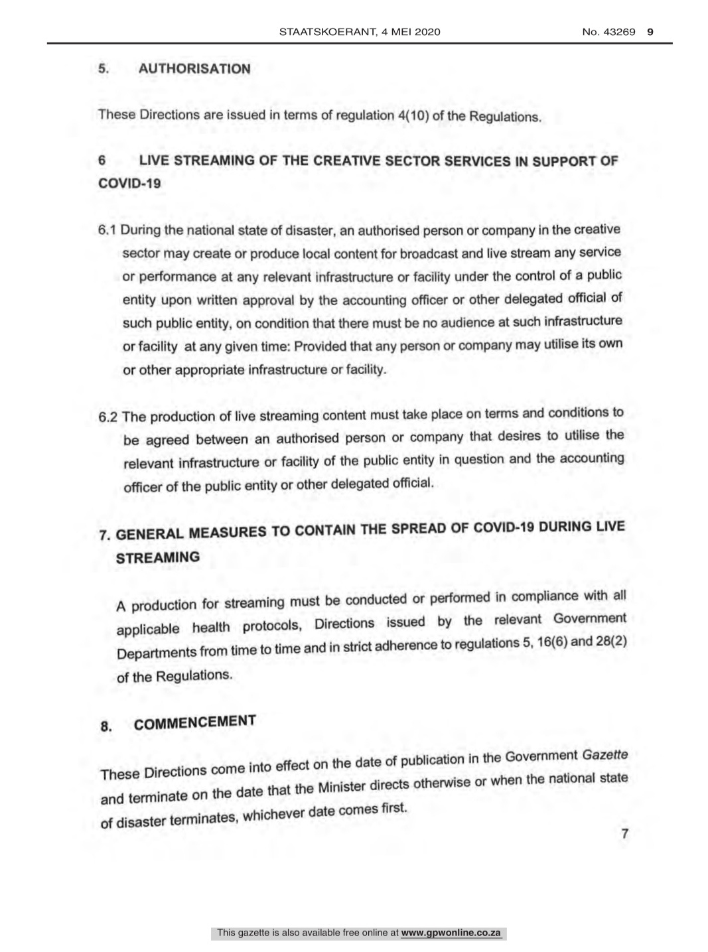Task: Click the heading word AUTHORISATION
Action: coord(194,69)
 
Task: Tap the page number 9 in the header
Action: coord(650,31)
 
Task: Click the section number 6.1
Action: coord(107,230)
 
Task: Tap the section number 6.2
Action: coord(108,417)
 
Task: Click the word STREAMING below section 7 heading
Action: coord(158,558)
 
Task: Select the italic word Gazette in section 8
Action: coord(604,756)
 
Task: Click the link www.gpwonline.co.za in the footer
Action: coord(451,933)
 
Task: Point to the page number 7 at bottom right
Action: coord(624,833)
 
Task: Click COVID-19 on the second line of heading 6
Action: coord(129,184)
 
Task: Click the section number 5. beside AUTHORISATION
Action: coord(103,68)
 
